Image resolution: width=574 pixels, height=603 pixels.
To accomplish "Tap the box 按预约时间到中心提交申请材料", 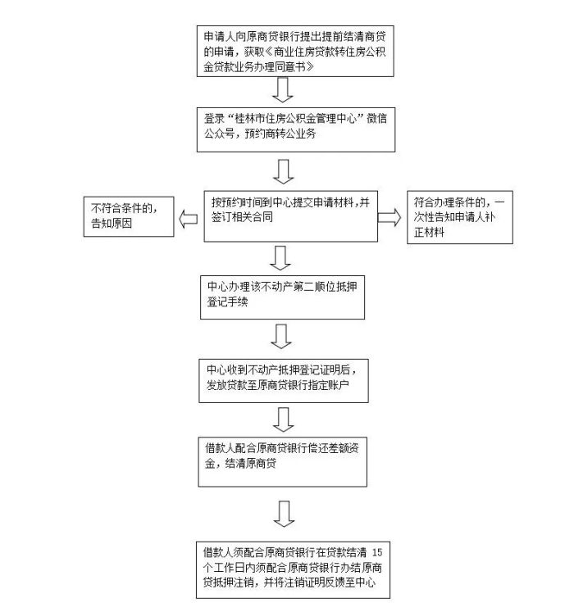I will click(x=290, y=215).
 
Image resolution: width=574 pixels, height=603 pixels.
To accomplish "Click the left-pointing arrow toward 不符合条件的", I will click(x=188, y=218).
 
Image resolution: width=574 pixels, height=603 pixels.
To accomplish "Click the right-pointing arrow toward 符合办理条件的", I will click(x=389, y=217).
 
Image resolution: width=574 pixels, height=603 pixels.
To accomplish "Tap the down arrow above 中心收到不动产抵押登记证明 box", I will click(x=281, y=336).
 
